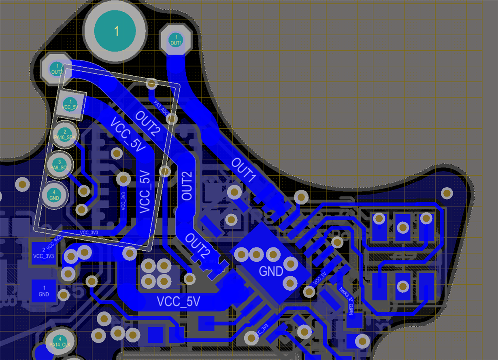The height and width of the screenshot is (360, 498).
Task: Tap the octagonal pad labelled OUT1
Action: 176,40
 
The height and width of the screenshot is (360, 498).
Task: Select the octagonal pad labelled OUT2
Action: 57,68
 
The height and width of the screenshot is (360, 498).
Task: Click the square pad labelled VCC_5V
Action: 70,104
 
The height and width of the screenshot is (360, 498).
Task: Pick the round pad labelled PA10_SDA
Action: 65,134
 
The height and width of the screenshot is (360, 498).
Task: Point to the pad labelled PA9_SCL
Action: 59,164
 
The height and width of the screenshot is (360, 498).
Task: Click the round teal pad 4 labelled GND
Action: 54,195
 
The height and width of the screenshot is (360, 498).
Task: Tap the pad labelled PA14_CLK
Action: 60,341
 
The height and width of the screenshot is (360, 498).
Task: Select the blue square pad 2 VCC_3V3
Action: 43,253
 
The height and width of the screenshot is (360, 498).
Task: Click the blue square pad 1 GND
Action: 43,291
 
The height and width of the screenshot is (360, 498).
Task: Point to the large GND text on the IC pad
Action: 271,271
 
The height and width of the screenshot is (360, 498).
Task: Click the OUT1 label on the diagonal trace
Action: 244,169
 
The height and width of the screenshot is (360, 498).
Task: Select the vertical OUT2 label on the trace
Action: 187,186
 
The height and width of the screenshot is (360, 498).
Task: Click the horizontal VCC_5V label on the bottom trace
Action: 179,301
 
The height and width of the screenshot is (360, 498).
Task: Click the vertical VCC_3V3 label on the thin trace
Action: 123,201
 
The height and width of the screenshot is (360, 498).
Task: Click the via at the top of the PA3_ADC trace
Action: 152,84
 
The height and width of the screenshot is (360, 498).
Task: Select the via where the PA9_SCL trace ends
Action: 84,191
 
